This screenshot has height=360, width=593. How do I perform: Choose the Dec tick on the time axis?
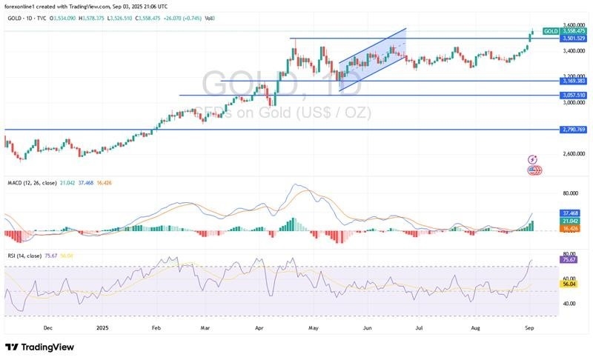pos(47,325)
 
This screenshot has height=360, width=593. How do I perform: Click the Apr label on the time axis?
pos(259,325)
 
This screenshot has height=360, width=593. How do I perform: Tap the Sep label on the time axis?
pos(528,325)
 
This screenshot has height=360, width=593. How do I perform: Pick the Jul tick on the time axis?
pos(420,325)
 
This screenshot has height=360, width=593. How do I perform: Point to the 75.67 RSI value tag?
pos(569,259)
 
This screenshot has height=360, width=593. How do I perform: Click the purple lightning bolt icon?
pos(532,160)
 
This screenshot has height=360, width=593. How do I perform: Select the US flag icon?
pos(532,170)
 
